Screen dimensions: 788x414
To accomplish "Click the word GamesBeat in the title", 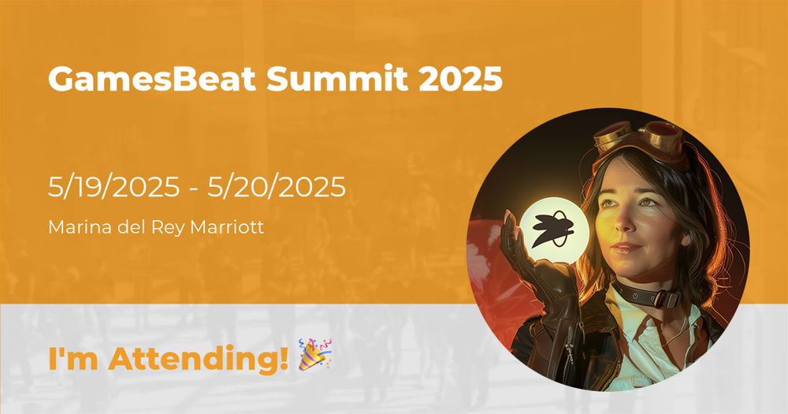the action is point(153,80).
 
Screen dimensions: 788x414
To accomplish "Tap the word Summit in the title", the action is point(337,79).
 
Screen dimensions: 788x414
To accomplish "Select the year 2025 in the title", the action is point(460,79).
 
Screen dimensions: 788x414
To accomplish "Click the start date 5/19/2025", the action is point(114,187).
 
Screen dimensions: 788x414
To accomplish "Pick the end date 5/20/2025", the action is point(277,187).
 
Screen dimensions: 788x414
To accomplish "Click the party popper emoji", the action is point(315,354).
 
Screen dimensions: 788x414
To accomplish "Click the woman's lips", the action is point(627,248).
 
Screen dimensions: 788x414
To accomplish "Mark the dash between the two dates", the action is point(194,188).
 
